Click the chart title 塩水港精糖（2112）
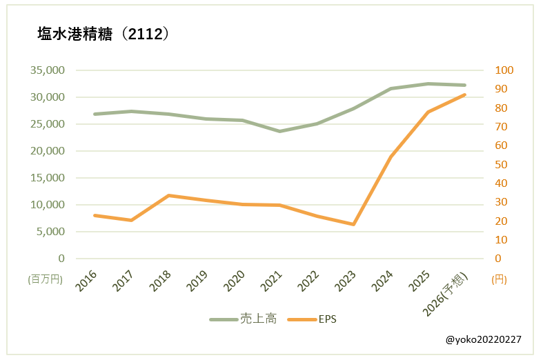pos(103,34)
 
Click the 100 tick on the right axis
pos(505,70)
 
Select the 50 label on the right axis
pos(502,164)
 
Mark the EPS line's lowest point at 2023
pos(353,224)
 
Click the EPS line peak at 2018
pos(168,195)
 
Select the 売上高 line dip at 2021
pos(279,131)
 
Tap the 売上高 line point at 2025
pos(428,83)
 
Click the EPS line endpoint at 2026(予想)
pos(464,94)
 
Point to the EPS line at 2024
pos(391,157)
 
